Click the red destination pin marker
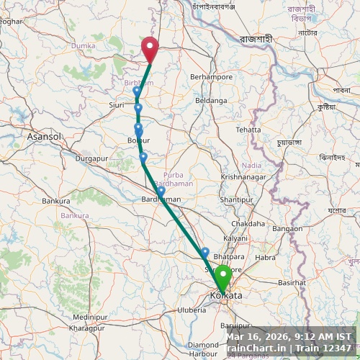[x=150, y=48]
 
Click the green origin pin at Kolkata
[x=223, y=277]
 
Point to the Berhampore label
[x=211, y=76]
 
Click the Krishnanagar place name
[x=243, y=176]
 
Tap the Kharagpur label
[x=86, y=328]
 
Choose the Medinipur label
[x=90, y=316]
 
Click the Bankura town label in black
[x=55, y=201]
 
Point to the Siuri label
[x=117, y=104]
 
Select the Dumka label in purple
[x=83, y=45]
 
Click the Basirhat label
[x=292, y=282]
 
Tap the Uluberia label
[x=192, y=310]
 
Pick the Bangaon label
[x=287, y=228]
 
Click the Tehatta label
[x=248, y=130]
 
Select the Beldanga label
[x=211, y=100]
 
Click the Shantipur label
[x=236, y=199]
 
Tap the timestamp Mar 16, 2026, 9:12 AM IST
[x=289, y=336]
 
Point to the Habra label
[x=265, y=257]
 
